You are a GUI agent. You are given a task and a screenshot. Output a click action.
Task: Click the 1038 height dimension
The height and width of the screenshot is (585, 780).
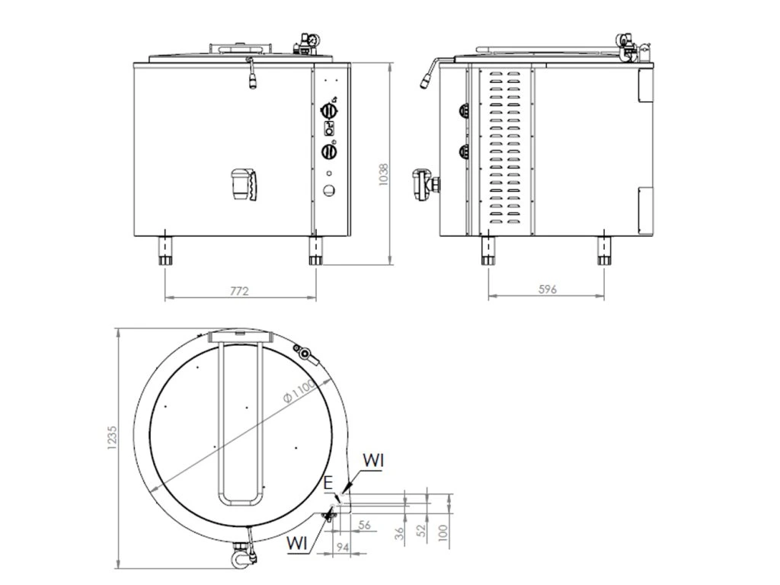383,174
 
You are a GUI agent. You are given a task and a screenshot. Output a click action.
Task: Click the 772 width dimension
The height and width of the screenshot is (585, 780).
239,291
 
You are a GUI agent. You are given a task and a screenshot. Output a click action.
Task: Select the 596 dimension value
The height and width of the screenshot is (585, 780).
547,289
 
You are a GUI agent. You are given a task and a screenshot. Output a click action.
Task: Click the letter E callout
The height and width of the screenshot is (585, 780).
328,482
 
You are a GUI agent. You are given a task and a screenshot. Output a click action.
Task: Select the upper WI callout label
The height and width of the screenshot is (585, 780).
373,461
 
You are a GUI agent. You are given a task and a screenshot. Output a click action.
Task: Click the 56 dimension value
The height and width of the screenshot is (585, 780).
365,525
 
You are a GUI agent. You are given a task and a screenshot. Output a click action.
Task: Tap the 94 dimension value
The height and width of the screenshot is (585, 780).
342,548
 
